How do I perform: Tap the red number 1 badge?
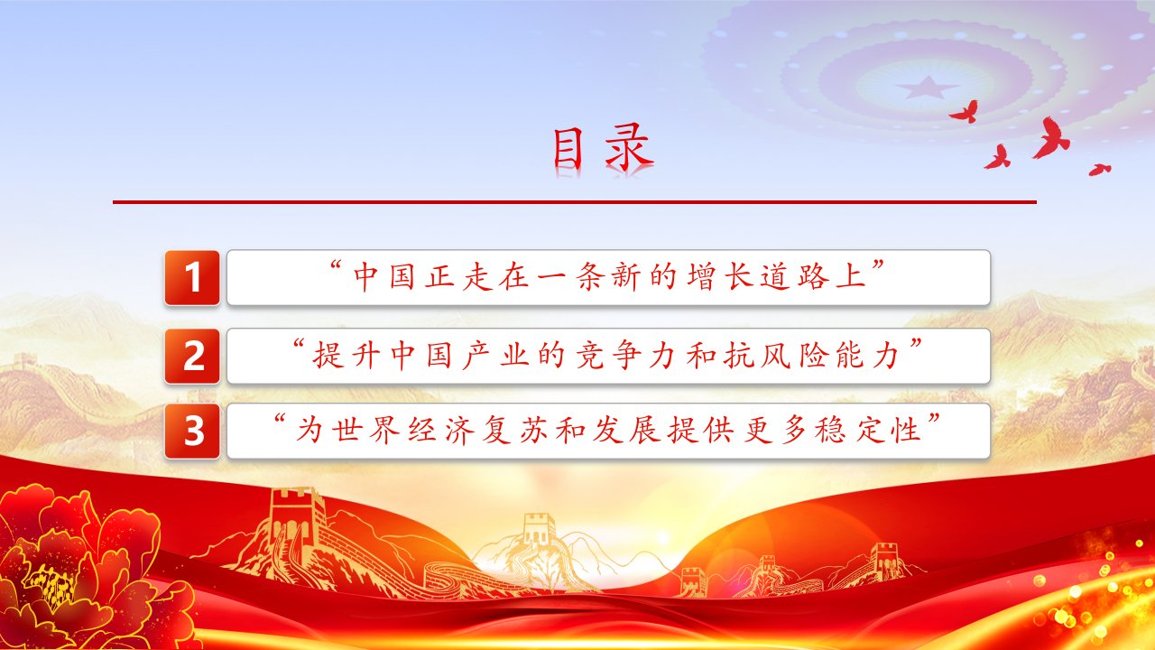click(192, 277)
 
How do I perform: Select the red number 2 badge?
click(192, 356)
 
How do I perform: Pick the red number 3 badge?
click(192, 432)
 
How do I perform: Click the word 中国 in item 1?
click(384, 276)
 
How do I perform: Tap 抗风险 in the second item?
click(773, 356)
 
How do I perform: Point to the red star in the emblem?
click(927, 88)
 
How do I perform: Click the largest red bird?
click(1051, 138)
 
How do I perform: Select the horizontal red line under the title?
click(575, 202)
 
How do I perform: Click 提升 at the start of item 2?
click(346, 356)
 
